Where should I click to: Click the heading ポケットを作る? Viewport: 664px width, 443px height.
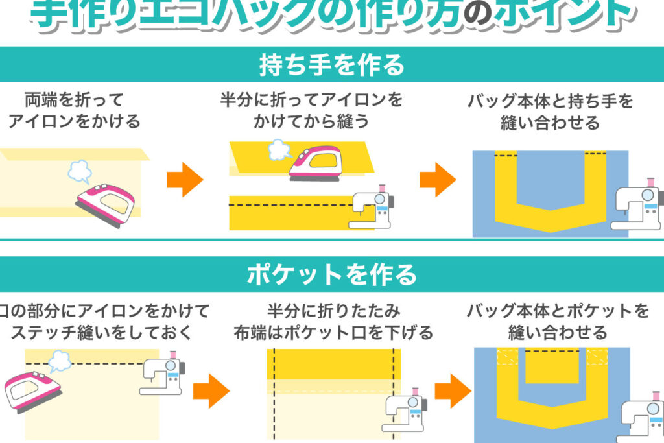coord(331,275)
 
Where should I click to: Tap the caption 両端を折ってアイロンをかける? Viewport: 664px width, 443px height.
coord(74,110)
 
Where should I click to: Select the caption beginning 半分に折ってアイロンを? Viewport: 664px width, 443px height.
coord(311,110)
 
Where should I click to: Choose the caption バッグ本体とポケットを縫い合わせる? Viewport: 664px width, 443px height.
coord(558,322)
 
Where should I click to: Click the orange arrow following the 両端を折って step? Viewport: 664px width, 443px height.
coord(185,180)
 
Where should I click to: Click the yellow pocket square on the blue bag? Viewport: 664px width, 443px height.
coord(551,366)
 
